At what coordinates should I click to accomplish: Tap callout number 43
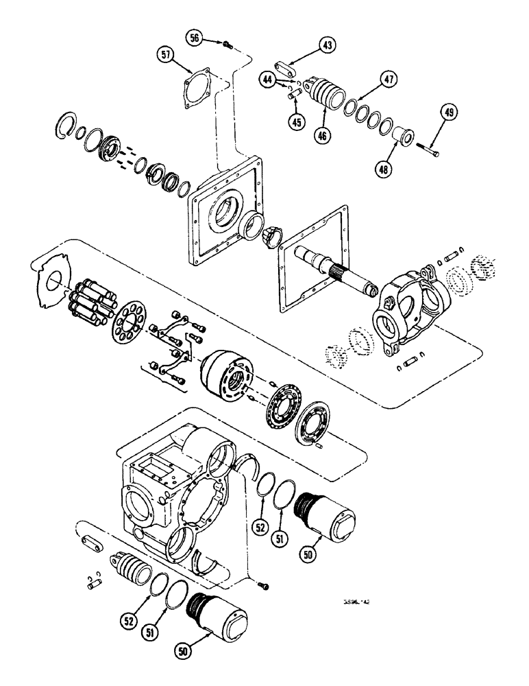[x=326, y=46]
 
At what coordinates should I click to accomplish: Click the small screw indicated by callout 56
[x=227, y=44]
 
